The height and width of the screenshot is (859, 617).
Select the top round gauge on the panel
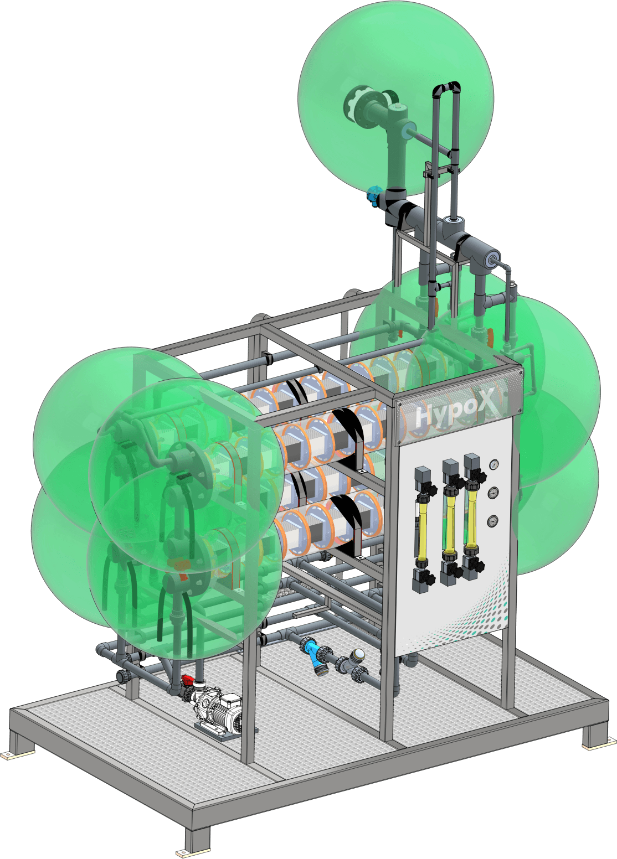pos(494,465)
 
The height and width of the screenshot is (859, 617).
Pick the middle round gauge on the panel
pos(494,493)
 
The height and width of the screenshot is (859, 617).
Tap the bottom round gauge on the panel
pos(493,521)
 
